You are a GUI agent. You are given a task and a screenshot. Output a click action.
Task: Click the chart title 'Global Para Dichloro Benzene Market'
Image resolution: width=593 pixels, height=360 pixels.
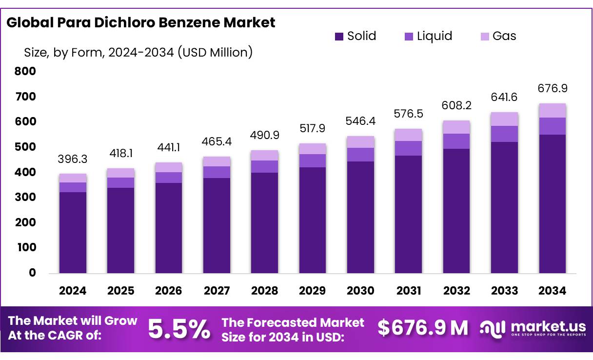pyautogui.click(x=141, y=22)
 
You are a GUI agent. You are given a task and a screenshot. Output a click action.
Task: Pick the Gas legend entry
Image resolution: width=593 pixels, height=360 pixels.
pyautogui.click(x=497, y=36)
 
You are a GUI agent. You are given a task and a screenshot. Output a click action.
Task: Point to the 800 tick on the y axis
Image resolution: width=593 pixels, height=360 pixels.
pyautogui.click(x=25, y=72)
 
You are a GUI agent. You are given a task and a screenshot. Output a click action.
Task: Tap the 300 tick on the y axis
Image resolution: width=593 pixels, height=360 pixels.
pyautogui.click(x=25, y=198)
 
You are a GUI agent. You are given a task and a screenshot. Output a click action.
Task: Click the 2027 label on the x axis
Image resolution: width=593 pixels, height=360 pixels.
pyautogui.click(x=217, y=291)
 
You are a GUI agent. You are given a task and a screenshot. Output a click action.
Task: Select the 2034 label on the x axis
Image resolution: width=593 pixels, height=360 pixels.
pyautogui.click(x=553, y=291)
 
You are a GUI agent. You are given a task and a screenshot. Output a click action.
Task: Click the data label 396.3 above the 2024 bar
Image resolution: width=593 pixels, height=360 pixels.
pyautogui.click(x=73, y=160)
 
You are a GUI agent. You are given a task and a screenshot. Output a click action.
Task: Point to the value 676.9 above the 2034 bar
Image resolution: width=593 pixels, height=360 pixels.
pyautogui.click(x=553, y=89)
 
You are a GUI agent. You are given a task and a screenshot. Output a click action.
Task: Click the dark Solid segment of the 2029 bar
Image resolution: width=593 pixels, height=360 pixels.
pyautogui.click(x=313, y=220)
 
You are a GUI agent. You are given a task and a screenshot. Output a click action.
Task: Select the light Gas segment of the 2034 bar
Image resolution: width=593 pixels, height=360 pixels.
pyautogui.click(x=553, y=111)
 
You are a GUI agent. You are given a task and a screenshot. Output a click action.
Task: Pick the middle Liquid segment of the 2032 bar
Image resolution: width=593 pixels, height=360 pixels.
pyautogui.click(x=456, y=141)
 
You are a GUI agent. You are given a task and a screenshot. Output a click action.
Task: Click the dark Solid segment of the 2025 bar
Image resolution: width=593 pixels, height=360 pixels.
pyautogui.click(x=120, y=230)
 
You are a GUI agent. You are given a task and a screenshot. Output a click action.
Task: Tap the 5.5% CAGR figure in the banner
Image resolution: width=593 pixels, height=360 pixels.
pyautogui.click(x=179, y=329)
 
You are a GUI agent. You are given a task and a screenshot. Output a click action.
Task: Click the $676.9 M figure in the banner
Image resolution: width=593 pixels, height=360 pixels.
pyautogui.click(x=423, y=328)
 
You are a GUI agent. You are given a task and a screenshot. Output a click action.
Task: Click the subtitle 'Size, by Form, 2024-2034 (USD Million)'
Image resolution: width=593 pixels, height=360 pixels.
pyautogui.click(x=138, y=52)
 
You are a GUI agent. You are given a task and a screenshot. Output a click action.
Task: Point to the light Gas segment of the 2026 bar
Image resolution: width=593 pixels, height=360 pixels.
pyautogui.click(x=169, y=167)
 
